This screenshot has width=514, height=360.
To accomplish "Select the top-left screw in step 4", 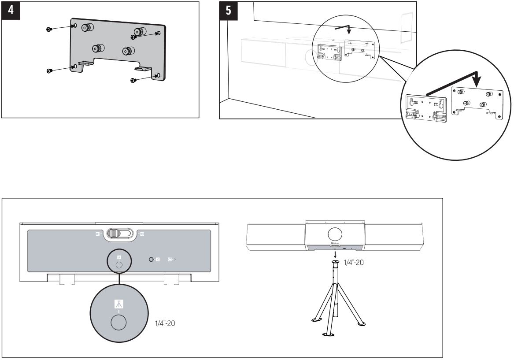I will [x=49, y=29].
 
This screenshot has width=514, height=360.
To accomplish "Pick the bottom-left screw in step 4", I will [x=49, y=71].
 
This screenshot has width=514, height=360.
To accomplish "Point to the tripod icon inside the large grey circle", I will [x=118, y=304].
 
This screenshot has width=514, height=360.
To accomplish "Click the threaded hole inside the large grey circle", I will [x=118, y=323].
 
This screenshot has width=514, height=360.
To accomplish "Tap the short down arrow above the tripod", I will [x=336, y=255].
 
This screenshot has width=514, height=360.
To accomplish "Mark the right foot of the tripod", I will [x=361, y=324].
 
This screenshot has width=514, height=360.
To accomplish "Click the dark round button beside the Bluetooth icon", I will [x=152, y=260].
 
